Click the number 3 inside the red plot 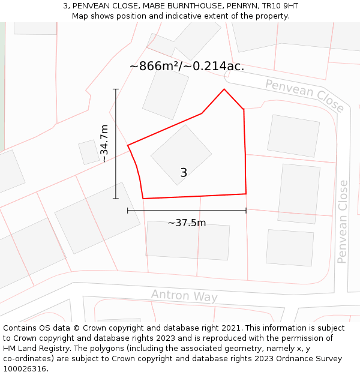(x=184, y=173)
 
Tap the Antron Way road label (x=184, y=296)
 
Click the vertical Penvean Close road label (x=343, y=221)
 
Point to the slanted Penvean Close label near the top (x=305, y=95)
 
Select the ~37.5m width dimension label (x=187, y=223)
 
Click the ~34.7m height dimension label (x=104, y=144)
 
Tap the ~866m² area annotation (x=187, y=66)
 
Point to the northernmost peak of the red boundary (x=224, y=89)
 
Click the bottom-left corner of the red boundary (x=143, y=198)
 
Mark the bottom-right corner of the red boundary (x=246, y=194)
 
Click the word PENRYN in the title (x=244, y=6)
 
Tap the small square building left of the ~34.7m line (x=89, y=152)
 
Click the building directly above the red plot (x=166, y=94)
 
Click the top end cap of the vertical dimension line (x=116, y=89)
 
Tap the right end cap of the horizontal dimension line (x=246, y=211)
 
